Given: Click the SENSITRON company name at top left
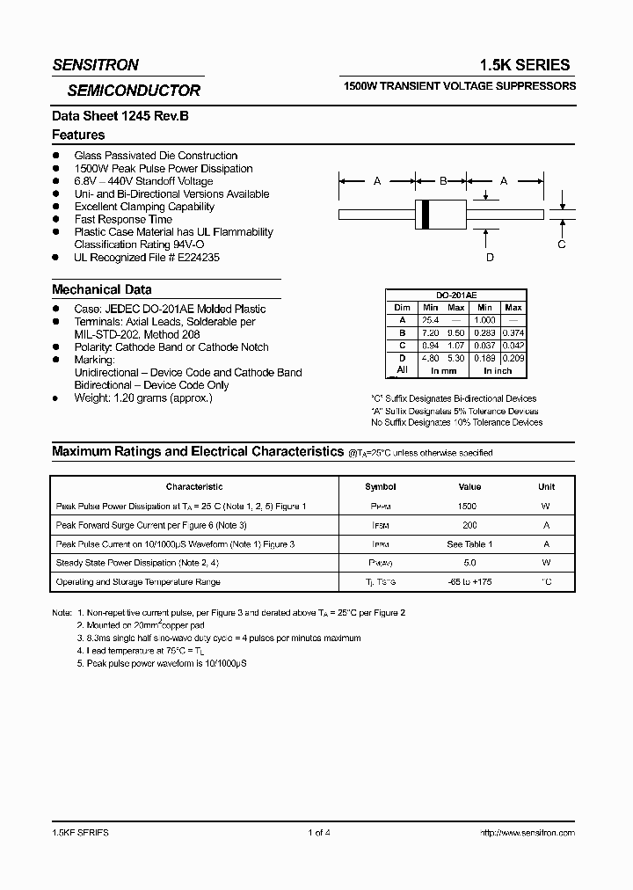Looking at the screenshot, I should click(x=95, y=64).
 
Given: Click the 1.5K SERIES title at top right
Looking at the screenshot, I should click(x=524, y=64).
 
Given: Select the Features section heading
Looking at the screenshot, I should click(x=78, y=135).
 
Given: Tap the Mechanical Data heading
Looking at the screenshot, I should click(x=101, y=289).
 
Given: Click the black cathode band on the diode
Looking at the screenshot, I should click(x=426, y=213).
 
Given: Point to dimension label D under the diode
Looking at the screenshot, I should click(x=490, y=257).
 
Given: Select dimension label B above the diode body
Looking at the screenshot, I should click(x=443, y=180).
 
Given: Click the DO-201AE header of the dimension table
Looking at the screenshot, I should click(x=457, y=296).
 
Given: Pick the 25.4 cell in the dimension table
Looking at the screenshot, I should click(x=430, y=320).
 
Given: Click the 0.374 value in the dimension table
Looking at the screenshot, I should click(x=513, y=333).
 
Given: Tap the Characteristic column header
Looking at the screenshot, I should click(x=194, y=486).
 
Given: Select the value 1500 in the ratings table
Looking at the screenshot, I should click(x=469, y=507).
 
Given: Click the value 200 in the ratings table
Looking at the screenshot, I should click(x=469, y=525).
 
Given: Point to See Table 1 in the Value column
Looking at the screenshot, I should click(x=469, y=544).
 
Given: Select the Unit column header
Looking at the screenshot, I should click(x=546, y=486).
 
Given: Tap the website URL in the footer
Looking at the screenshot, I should click(x=527, y=832).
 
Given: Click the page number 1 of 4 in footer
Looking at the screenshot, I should click(x=319, y=832).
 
